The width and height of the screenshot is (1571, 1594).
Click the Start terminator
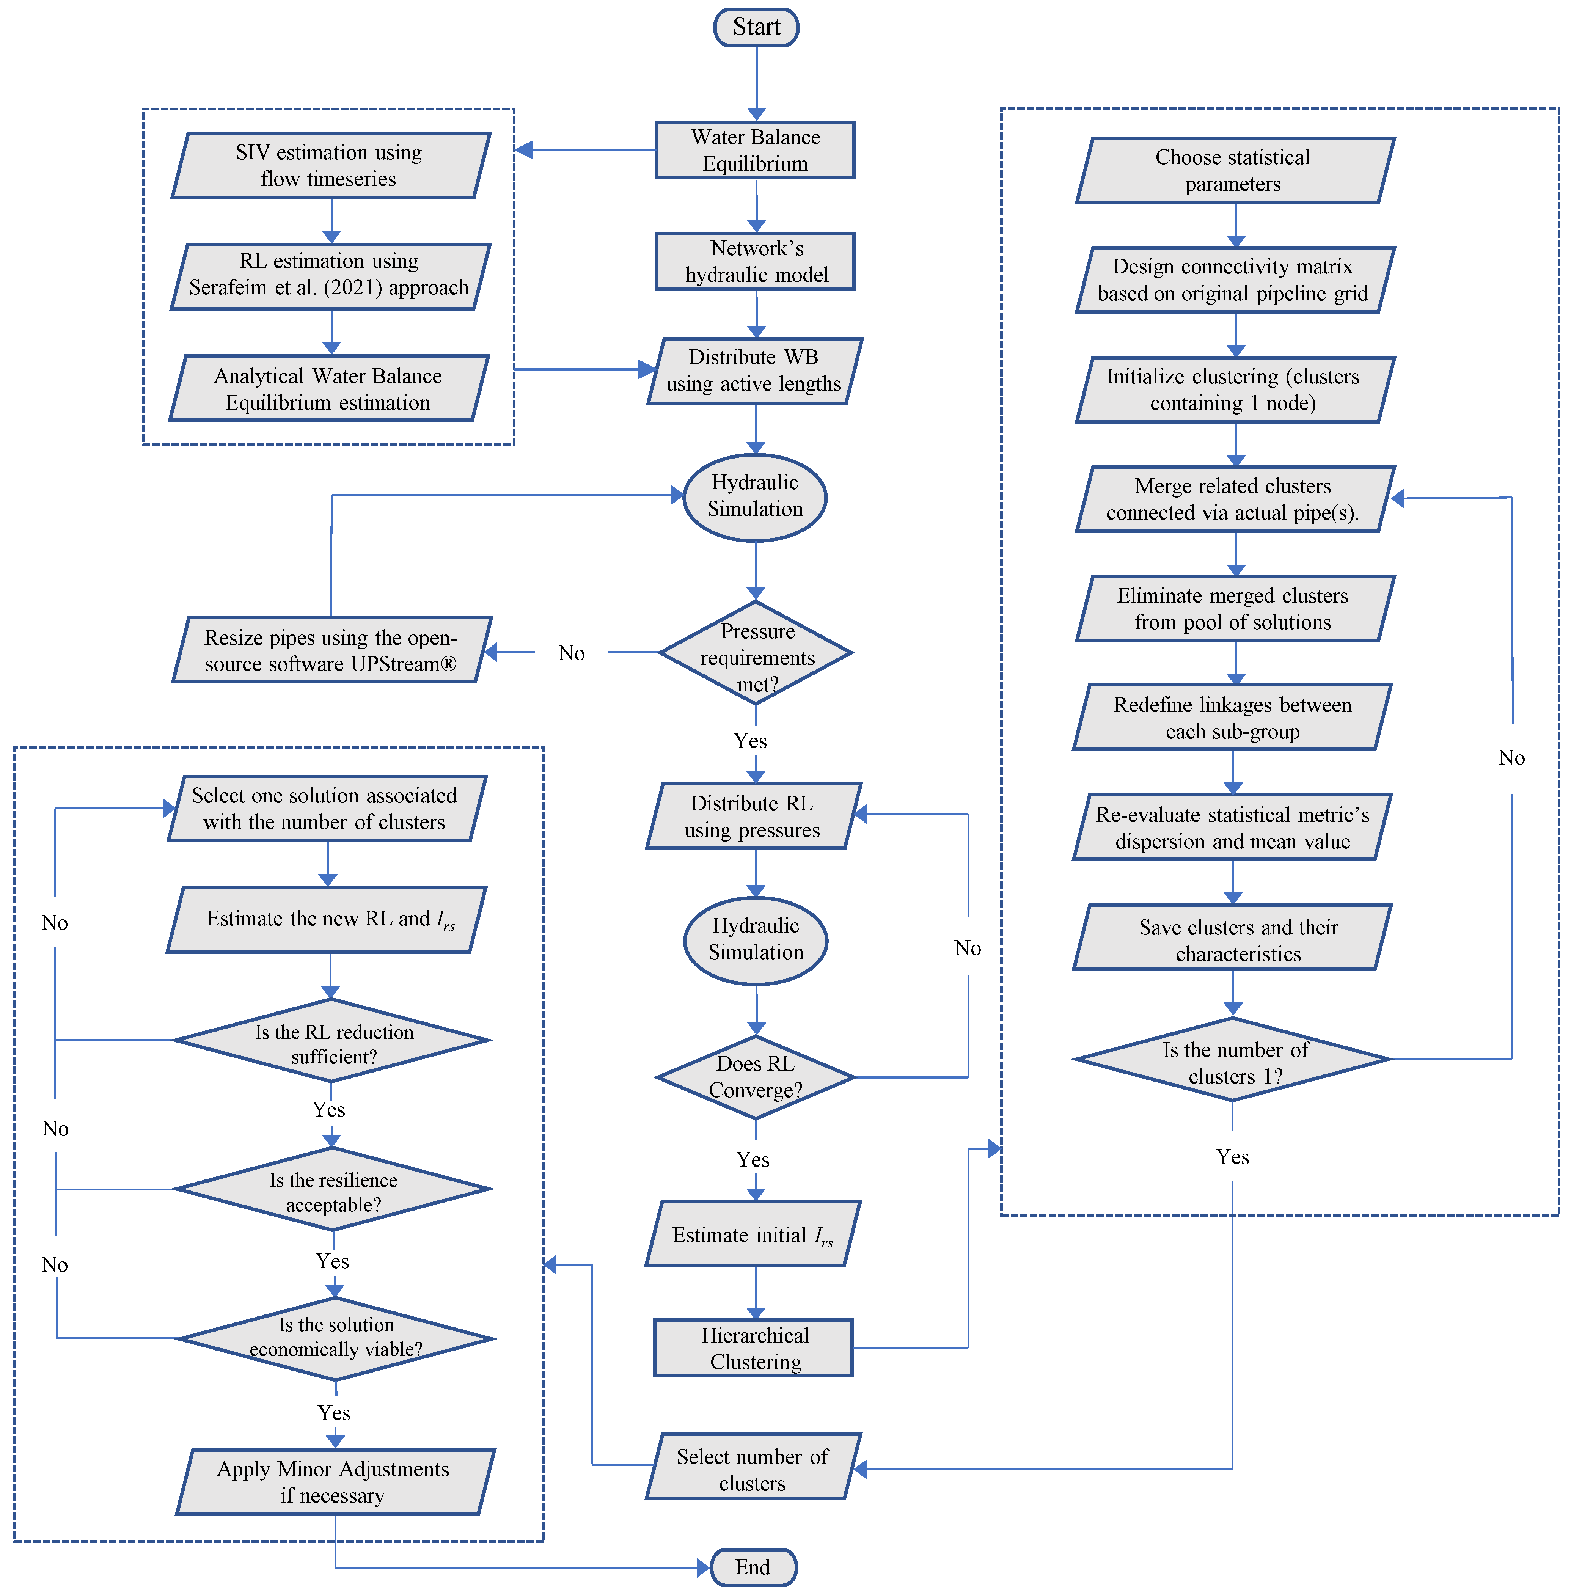point(756,27)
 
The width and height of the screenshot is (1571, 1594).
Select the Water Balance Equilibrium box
point(755,150)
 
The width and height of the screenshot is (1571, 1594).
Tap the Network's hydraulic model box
point(755,262)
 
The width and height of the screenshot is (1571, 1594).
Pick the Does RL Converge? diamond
point(756,1077)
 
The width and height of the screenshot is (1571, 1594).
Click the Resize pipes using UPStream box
point(331,650)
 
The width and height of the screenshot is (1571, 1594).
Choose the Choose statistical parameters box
point(1234,170)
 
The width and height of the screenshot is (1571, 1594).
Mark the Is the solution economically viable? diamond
point(336,1337)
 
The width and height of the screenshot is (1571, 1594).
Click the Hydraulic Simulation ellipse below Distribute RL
point(756,940)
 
